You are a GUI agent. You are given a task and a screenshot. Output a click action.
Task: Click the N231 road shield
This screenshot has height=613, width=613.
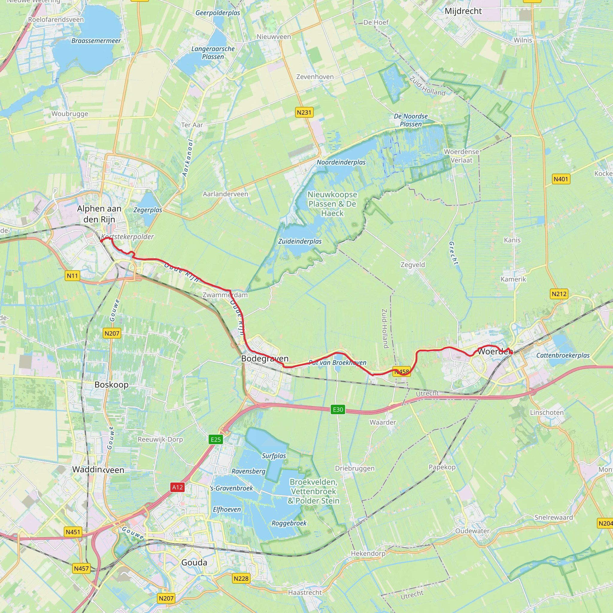point(304,112)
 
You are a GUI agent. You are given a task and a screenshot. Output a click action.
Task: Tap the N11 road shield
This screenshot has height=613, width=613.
point(72,275)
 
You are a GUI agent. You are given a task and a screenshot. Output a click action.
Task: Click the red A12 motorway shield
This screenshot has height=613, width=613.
point(177,487)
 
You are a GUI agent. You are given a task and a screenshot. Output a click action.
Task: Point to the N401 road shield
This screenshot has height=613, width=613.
point(561,179)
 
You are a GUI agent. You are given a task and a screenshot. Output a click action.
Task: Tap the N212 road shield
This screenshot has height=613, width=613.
point(559,294)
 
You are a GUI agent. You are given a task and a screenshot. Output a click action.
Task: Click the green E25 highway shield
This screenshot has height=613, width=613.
point(216,439)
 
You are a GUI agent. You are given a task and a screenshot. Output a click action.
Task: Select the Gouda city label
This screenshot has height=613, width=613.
point(194,562)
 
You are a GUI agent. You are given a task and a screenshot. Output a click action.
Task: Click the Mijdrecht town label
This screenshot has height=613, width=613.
point(463,11)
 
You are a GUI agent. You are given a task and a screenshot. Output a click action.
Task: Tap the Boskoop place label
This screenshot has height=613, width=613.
point(111,385)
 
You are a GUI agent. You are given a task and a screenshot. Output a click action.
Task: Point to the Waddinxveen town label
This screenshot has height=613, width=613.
point(98,470)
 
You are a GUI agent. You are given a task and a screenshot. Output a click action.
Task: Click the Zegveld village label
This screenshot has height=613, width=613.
point(412,265)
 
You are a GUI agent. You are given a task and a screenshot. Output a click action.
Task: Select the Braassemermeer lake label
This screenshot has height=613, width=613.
point(96,41)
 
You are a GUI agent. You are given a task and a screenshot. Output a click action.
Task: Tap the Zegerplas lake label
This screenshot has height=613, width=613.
point(148,210)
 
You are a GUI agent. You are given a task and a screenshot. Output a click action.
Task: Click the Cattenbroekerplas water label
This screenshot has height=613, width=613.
point(562,355)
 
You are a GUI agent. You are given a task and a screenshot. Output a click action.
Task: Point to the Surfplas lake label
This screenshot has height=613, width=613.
point(274,456)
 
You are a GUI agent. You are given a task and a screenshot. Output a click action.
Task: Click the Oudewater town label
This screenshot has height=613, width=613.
point(472,531)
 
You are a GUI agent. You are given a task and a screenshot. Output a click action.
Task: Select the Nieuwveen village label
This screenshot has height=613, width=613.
point(274,37)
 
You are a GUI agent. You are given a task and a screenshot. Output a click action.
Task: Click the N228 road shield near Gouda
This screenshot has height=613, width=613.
point(241,578)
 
